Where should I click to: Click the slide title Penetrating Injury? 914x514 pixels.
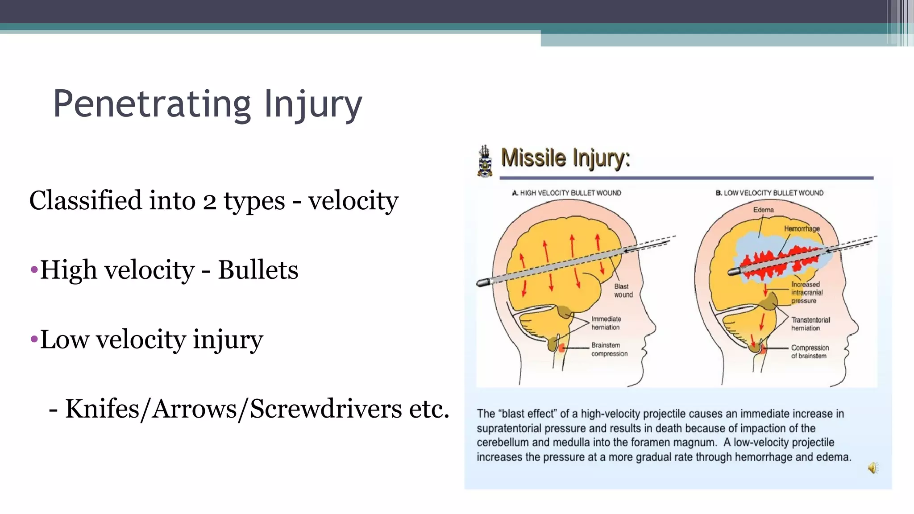[x=208, y=104]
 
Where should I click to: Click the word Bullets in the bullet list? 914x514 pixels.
[x=258, y=270]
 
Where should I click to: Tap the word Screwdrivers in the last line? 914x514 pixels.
[x=326, y=409]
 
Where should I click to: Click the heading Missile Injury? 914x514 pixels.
[x=565, y=158]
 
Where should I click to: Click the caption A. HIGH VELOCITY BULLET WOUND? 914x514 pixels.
[x=566, y=193]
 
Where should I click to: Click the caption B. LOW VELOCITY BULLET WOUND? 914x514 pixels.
[x=769, y=193]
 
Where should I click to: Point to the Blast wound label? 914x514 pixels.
[x=623, y=290]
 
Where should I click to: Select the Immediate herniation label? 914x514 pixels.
[x=606, y=323]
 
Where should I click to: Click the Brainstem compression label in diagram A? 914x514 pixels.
[x=609, y=349]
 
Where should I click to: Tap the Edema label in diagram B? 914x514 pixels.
[x=763, y=210]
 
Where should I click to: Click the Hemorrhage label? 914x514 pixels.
[x=802, y=228]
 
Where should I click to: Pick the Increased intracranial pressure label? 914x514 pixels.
[x=806, y=293]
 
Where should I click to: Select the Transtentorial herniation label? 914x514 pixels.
[x=810, y=324]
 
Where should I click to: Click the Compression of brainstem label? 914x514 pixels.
[x=810, y=352]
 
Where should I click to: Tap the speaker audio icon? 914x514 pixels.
[x=872, y=468]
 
